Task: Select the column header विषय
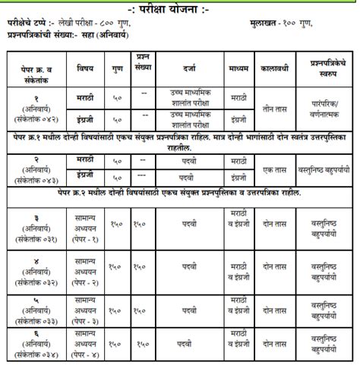(84, 67)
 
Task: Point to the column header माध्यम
(238, 67)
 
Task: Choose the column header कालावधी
(277, 67)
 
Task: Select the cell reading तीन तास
(277, 108)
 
